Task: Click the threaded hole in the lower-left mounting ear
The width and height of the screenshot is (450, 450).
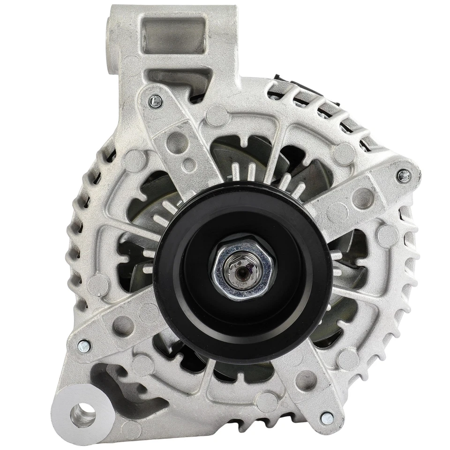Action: click(x=82, y=415)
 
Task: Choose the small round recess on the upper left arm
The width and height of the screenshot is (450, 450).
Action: click(x=189, y=165)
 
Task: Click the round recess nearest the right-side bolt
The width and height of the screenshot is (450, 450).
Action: click(x=363, y=198)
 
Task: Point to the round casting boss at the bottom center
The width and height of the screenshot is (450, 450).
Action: click(x=267, y=401)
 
